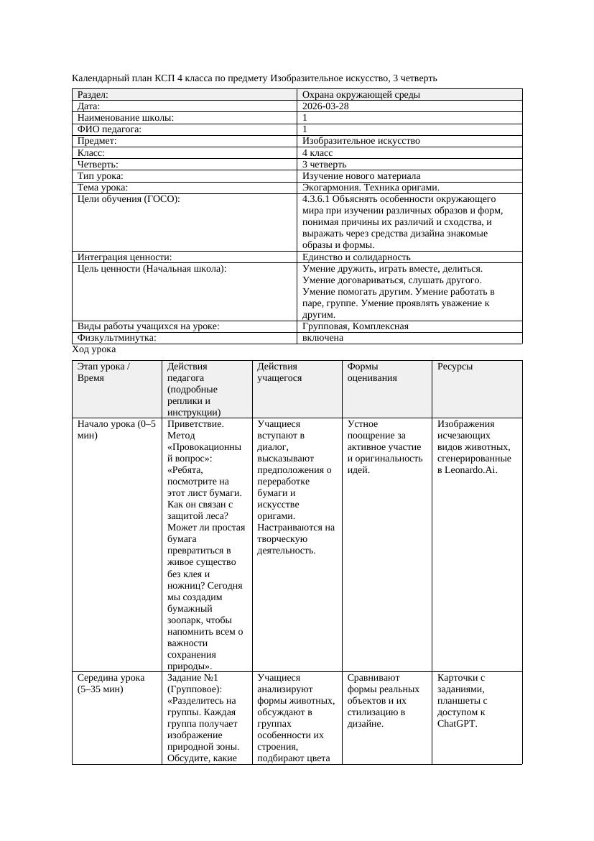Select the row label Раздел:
93,95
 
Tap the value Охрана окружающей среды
361,95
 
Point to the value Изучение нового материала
361,176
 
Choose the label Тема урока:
103,188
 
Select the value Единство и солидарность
356,257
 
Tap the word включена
322,338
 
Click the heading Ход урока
94,349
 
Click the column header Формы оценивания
372,372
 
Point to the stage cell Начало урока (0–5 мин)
116,429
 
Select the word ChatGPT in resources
456,724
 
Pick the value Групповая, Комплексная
355,326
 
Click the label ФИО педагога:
109,129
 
